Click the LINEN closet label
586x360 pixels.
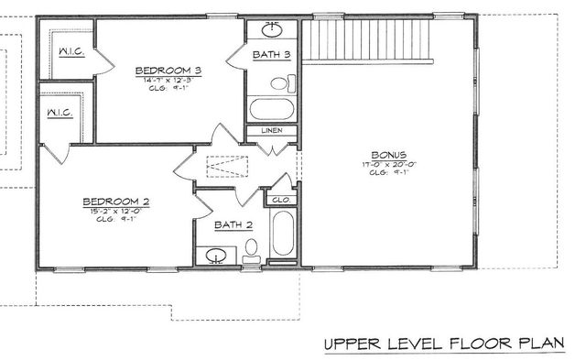(272, 131)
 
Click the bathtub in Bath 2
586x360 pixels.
(283, 234)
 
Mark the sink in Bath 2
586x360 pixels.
(217, 256)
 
